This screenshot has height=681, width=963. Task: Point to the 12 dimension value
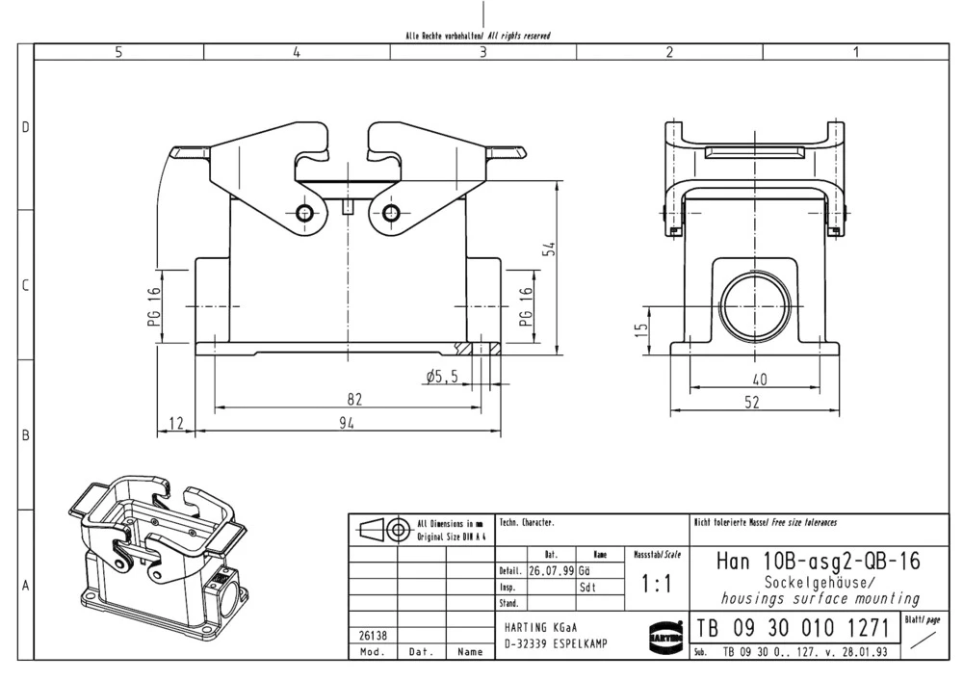pyautogui.click(x=175, y=423)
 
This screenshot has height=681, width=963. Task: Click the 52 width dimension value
pyautogui.click(x=752, y=403)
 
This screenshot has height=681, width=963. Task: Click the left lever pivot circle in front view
pyautogui.click(x=305, y=213)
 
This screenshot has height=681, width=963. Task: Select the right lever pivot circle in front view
pyautogui.click(x=391, y=213)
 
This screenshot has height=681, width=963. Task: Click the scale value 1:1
pyautogui.click(x=656, y=585)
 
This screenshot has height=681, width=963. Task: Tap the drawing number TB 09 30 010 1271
pyautogui.click(x=792, y=628)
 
